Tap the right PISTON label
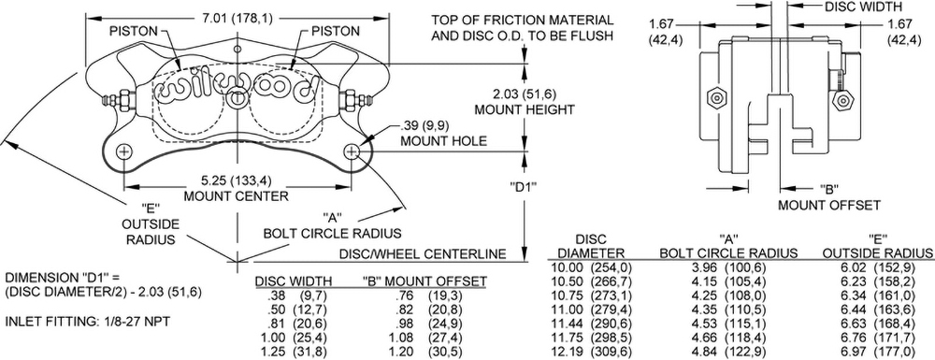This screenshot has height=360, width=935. click(x=334, y=31)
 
